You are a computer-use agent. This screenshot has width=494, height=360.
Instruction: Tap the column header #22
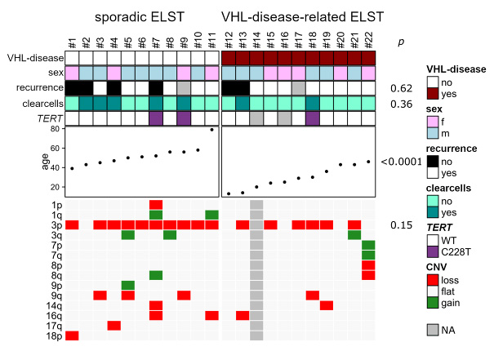point(368,40)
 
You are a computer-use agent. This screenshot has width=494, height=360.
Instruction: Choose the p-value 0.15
point(401,224)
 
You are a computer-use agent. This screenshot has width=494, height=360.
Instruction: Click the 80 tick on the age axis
point(55,129)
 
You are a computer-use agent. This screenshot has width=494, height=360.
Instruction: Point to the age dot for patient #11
point(212,129)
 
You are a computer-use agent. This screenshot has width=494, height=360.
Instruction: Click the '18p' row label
point(54,336)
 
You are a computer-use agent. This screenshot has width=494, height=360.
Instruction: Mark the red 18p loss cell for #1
point(72,336)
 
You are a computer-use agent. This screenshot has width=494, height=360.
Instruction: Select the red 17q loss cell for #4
point(113,325)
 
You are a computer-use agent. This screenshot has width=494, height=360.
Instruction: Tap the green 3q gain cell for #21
point(354,235)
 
